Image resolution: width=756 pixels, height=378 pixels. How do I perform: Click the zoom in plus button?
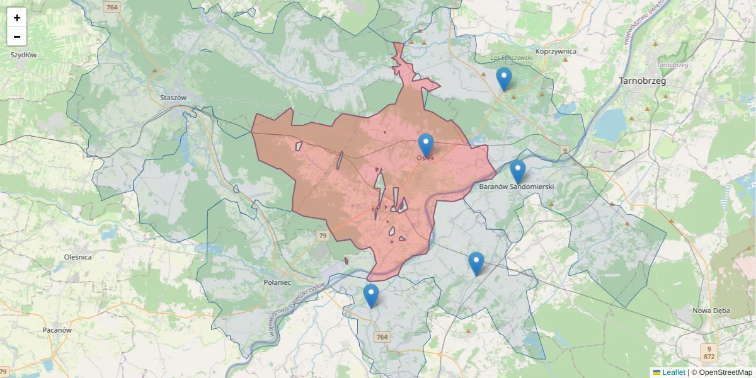(x=17, y=18)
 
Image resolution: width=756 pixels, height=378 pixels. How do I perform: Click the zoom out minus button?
(x=17, y=37)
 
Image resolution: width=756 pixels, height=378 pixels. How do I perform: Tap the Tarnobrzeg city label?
(x=642, y=81)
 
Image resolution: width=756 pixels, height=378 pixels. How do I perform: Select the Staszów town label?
(x=174, y=98)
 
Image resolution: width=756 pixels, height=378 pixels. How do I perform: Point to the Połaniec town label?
(x=277, y=282)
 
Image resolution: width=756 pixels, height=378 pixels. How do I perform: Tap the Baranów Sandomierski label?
(x=516, y=187)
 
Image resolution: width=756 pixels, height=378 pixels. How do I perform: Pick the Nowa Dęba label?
(x=711, y=311)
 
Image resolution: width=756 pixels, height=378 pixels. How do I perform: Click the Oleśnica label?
(x=78, y=257)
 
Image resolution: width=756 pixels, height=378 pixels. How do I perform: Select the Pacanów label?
(x=57, y=329)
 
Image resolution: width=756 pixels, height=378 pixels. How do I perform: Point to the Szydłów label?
(x=23, y=55)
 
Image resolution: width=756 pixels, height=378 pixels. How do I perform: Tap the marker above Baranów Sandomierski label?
(x=517, y=171)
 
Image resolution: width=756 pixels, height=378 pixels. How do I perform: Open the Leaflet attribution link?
(x=673, y=372)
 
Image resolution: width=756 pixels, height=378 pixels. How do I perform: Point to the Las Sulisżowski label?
(x=512, y=58)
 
